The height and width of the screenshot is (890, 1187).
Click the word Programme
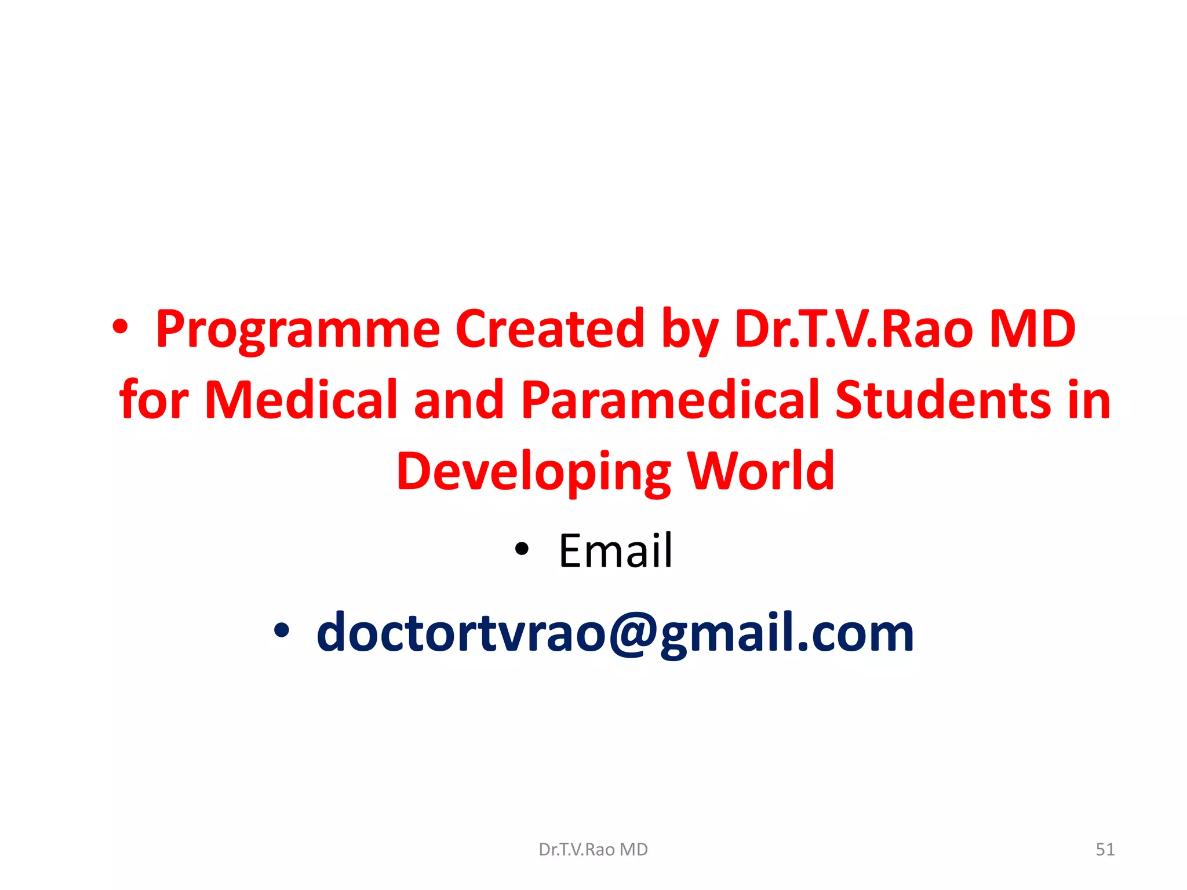[298, 330]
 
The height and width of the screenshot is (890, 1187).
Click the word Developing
[533, 472]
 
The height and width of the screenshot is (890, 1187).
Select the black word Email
[615, 550]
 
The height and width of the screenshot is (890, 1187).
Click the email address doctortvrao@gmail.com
[615, 633]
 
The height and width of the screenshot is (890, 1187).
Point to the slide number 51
[1105, 849]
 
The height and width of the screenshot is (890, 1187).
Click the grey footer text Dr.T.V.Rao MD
[593, 849]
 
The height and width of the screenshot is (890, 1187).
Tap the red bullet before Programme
[121, 329]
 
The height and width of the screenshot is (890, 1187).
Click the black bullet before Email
[522, 548]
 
